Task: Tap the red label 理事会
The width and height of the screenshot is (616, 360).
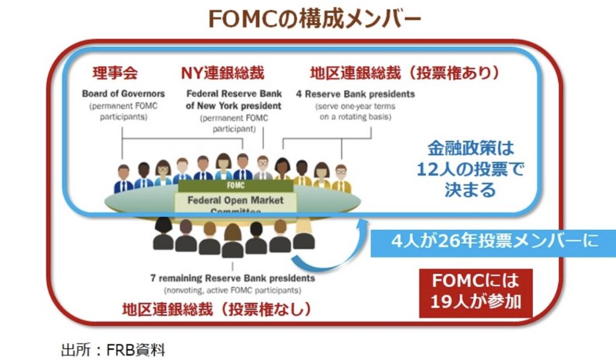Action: pyautogui.click(x=115, y=73)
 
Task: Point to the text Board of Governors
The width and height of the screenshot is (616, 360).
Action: pyautogui.click(x=123, y=94)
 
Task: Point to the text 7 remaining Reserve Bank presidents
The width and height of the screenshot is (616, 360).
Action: pyautogui.click(x=232, y=278)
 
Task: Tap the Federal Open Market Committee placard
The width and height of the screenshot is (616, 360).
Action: pyautogui.click(x=235, y=202)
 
